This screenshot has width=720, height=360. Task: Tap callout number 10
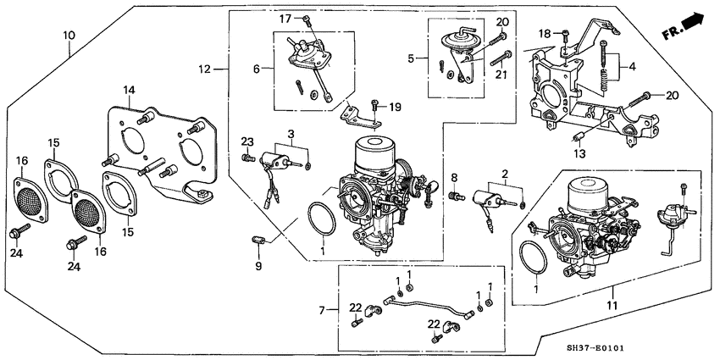point(69,35)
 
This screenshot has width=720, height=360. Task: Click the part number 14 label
point(129,90)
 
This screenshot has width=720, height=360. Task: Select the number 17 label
point(285,18)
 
